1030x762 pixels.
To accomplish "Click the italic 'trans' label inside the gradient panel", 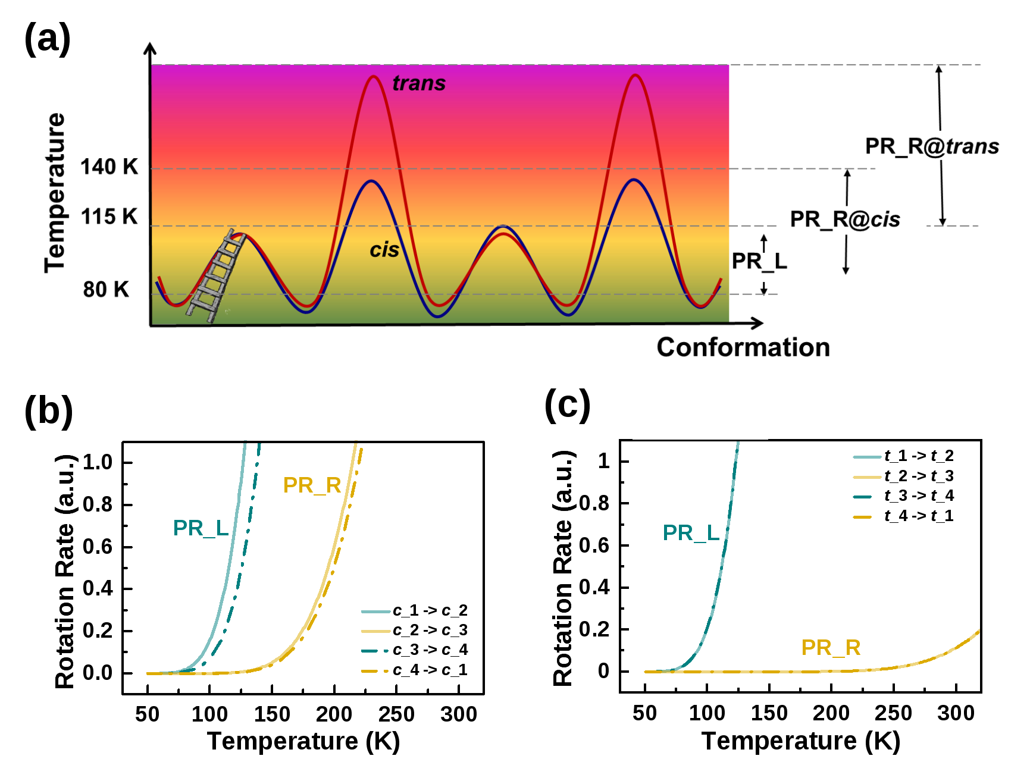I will tap(419, 83).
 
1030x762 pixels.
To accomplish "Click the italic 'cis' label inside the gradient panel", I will tap(384, 250).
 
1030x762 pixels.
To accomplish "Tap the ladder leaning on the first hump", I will tap(215, 277).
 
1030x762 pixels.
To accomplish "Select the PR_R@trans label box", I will tap(927, 145).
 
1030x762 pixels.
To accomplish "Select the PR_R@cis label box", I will tap(851, 220).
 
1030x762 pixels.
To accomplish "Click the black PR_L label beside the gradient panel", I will tap(759, 262).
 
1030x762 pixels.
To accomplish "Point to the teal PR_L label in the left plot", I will tap(201, 528).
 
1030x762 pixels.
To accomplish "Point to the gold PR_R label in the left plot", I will tap(312, 485).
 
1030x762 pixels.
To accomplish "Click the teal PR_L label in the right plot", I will tap(691, 533).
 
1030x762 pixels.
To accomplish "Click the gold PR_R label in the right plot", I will tap(831, 648).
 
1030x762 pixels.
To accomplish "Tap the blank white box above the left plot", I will tap(303, 428).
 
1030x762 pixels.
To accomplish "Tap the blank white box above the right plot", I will tap(700, 427).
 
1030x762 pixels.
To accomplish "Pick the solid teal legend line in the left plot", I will tap(376, 612).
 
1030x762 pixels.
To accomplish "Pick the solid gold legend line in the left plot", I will tap(376, 631).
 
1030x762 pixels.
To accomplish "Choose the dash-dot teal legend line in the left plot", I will tap(375, 651).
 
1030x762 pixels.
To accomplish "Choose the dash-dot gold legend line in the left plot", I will tap(375, 671).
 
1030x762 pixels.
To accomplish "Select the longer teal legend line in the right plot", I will tap(867, 457).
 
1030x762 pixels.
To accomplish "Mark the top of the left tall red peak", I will tap(373, 76).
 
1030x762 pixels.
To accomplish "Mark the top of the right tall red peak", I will tap(635, 75).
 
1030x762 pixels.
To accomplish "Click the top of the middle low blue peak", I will tap(503, 227).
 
